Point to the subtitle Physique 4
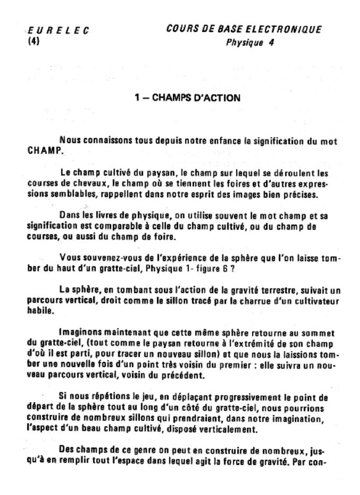point(250,43)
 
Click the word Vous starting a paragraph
point(70,257)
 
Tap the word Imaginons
point(80,333)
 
